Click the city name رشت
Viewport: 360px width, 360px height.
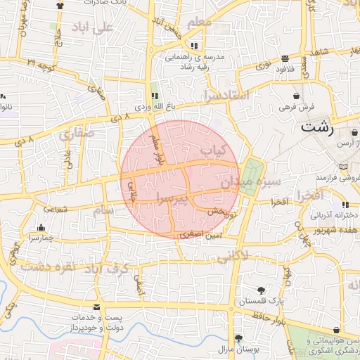[317, 128]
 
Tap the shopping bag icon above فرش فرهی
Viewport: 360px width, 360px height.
[297, 96]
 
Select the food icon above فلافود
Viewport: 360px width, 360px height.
[284, 59]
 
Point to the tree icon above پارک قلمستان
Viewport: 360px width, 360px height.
[262, 290]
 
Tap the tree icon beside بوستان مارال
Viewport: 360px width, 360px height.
[238, 337]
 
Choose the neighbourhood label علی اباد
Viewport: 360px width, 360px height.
[92, 29]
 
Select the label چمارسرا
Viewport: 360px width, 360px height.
[42, 238]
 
